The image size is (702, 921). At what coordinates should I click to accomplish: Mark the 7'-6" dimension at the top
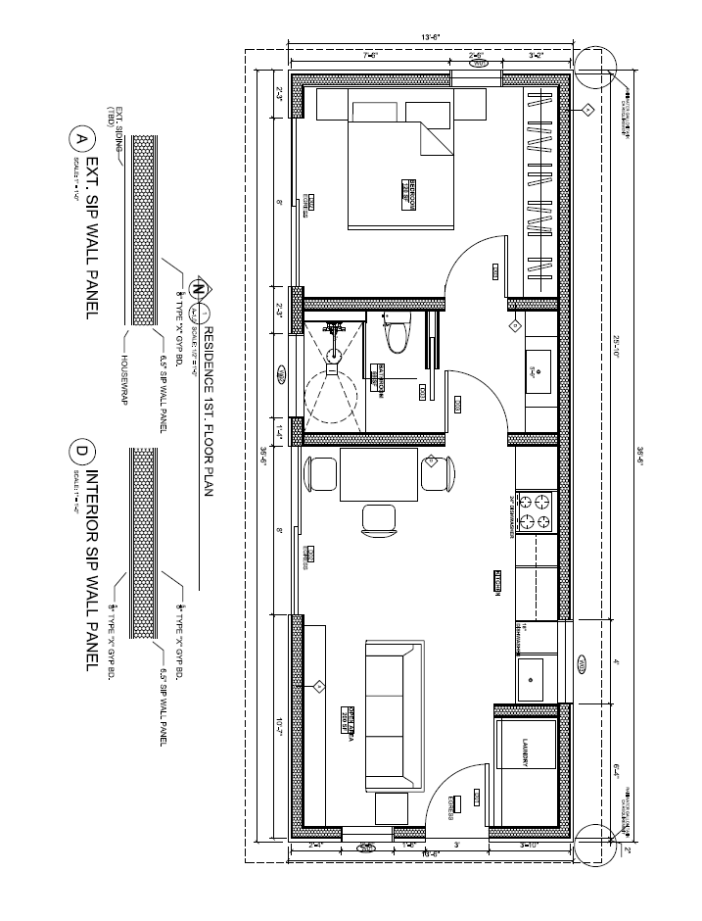coord(371,56)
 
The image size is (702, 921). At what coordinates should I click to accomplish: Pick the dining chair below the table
coord(377,519)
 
